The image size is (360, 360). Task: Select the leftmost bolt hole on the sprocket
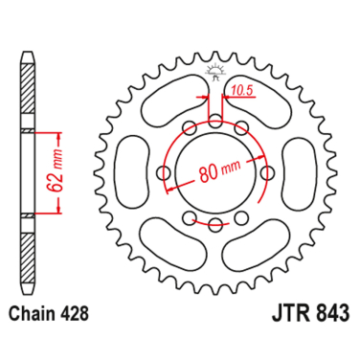pyautogui.click(x=163, y=173)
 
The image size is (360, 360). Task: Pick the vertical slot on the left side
pyautogui.click(x=129, y=173)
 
